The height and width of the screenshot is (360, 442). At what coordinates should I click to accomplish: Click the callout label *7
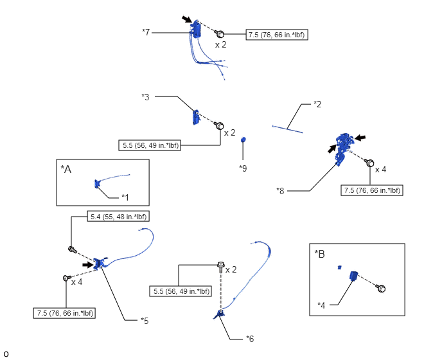point(146,32)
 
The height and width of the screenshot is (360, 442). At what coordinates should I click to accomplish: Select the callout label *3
point(145,97)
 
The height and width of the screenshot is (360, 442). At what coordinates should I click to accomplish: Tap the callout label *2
point(317,104)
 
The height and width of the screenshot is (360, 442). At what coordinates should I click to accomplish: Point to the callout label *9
point(243,168)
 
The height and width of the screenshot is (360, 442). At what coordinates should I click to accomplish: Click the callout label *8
point(280,191)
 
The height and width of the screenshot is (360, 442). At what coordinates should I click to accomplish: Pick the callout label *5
point(145,321)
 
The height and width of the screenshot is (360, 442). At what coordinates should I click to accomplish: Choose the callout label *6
point(250,339)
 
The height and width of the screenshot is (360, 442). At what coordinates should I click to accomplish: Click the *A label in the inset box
point(66,169)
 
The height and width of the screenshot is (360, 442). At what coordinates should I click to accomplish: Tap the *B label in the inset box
point(320,254)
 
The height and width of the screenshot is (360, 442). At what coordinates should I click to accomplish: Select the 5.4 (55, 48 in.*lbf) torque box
point(118,217)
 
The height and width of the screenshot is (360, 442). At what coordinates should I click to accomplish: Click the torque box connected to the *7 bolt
point(277,35)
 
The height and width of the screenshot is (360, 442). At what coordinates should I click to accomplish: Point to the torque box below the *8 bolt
point(372,190)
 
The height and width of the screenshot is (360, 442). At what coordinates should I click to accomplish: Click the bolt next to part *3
point(218,125)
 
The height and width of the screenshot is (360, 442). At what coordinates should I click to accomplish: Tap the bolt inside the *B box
point(380,289)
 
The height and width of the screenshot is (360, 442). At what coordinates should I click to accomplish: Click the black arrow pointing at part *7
point(186,19)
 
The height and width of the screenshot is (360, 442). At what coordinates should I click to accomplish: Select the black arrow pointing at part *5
point(88,265)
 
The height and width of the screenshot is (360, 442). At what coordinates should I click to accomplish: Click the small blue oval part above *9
point(243,139)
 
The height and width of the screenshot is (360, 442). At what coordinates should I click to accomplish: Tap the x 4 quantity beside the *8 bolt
point(380,170)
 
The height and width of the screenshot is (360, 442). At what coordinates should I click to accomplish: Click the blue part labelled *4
point(353,276)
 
